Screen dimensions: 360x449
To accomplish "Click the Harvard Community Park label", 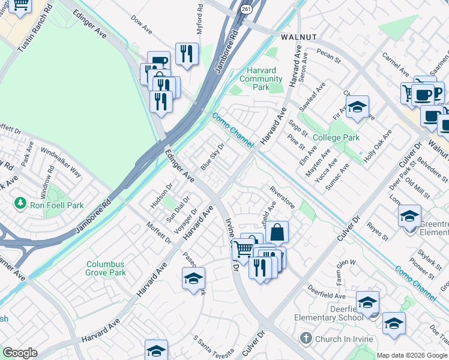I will (261, 79).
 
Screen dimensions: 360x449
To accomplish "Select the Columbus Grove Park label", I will (106, 268).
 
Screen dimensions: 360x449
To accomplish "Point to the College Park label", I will (336, 137).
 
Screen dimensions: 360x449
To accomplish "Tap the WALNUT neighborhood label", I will (298, 37).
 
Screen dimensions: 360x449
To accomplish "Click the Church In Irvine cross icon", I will (306, 338).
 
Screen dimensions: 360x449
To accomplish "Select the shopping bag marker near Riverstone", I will (277, 232).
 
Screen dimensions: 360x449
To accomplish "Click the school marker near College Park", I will (357, 107).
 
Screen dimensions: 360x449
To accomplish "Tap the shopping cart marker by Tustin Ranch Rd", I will (21, 5).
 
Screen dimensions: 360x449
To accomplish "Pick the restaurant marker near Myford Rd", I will (187, 54).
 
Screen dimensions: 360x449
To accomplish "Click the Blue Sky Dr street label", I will (212, 157).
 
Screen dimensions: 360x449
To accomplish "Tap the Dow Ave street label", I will (142, 24).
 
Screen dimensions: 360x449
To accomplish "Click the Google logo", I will (20, 353).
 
